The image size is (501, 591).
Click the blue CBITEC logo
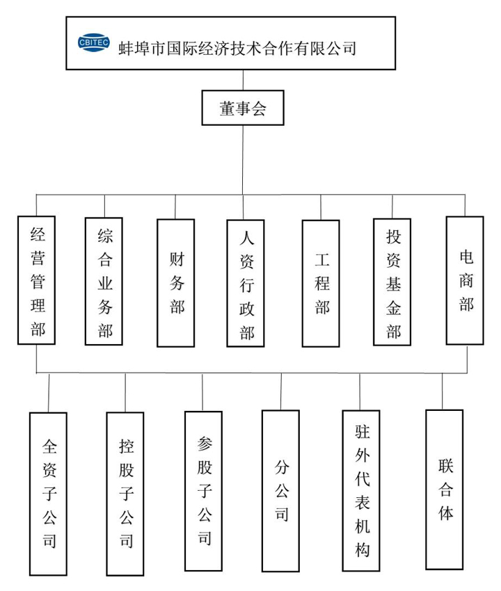tap(93, 42)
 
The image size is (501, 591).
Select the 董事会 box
tap(243, 108)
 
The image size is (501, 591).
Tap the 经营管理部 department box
tap(37, 280)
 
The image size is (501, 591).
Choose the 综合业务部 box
tap(104, 281)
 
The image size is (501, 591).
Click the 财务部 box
tap(176, 283)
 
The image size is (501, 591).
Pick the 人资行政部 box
tap(246, 283)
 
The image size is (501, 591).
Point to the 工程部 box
tap(321, 284)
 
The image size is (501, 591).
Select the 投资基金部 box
tap(392, 282)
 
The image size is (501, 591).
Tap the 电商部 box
tap(465, 280)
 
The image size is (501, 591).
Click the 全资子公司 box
tap(48, 494)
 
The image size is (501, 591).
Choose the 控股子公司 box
tap(125, 494)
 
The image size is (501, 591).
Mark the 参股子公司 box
tap(203, 491)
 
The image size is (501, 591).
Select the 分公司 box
tap(280, 491)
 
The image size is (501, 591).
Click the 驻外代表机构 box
tap(361, 491)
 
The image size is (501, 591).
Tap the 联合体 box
tap(445, 489)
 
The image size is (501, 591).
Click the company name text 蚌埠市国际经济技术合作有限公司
tap(237, 49)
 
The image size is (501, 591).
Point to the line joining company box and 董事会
tap(243, 80)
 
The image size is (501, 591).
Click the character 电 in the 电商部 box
tap(466, 257)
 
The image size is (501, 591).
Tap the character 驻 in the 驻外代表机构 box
tap(362, 432)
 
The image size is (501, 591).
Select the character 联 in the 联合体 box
tap(445, 466)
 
